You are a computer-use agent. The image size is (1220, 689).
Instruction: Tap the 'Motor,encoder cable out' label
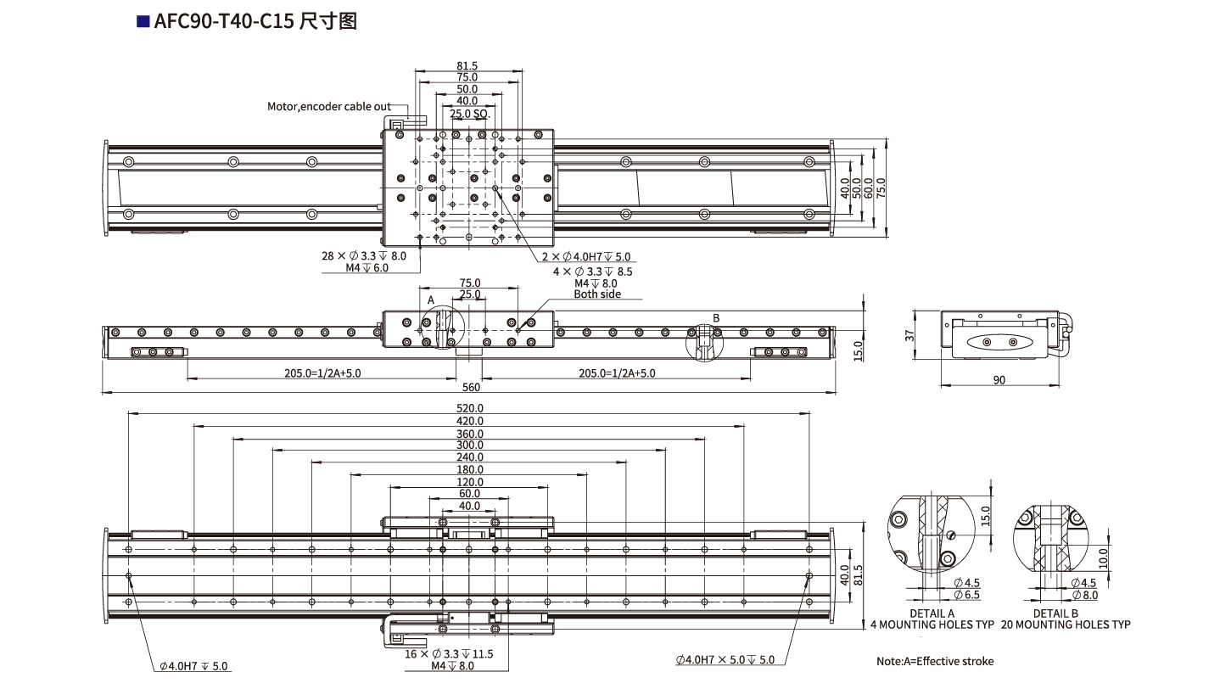(x=329, y=106)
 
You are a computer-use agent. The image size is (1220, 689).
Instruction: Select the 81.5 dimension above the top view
(x=467, y=65)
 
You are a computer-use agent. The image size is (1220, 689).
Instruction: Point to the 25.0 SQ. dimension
(x=468, y=113)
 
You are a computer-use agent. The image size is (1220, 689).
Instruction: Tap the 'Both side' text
(x=597, y=294)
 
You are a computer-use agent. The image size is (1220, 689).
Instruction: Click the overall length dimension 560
(x=471, y=388)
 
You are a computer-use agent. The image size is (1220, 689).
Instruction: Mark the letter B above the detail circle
(x=716, y=318)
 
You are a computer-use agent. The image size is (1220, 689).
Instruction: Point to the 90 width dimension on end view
(x=999, y=380)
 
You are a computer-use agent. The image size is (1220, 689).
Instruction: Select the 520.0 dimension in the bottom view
(x=469, y=408)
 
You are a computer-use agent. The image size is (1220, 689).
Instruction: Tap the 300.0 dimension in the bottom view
(x=469, y=445)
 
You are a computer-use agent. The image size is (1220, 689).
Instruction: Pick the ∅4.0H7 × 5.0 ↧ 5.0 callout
(x=725, y=659)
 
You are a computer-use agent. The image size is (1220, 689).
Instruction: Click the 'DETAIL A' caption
(x=932, y=613)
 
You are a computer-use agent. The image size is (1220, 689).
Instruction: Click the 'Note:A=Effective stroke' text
(x=934, y=661)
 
